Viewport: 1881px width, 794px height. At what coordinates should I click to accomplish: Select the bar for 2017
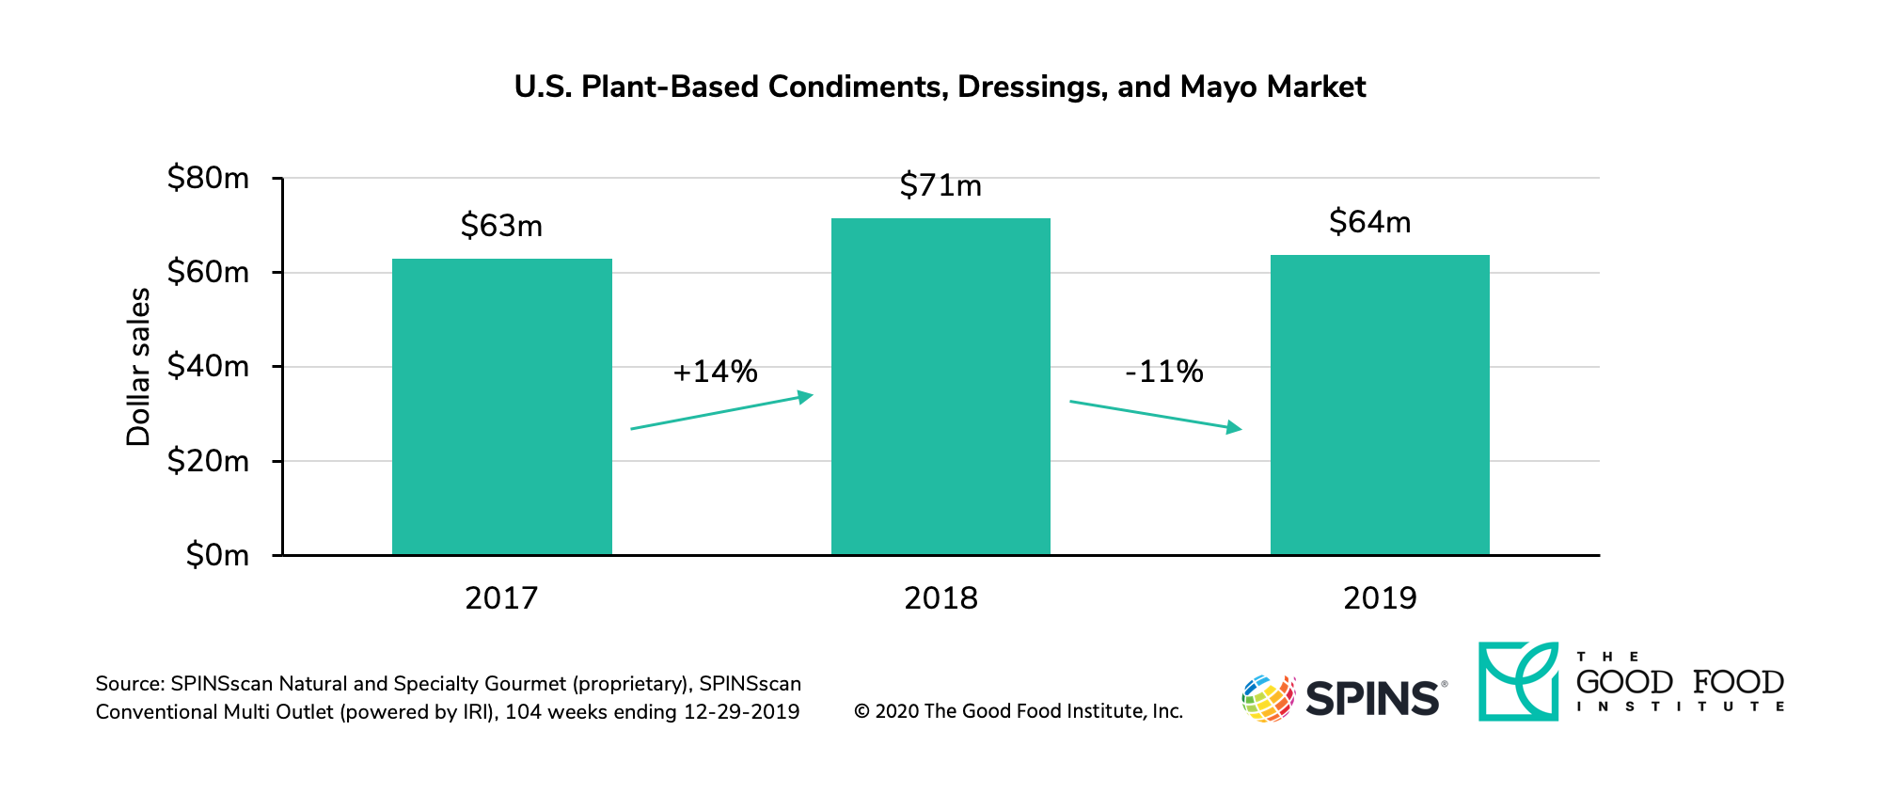point(501,406)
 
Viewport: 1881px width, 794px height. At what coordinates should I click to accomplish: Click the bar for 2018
point(940,387)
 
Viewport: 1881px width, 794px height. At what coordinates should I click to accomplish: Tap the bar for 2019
point(1380,405)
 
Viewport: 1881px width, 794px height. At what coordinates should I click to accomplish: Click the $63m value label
point(501,226)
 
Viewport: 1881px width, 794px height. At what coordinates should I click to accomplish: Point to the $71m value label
point(940,185)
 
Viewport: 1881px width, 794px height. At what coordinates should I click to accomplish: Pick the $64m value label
point(1369,222)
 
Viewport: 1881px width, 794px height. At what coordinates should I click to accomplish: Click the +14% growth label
point(715,372)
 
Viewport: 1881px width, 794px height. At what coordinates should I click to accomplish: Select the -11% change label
point(1164,372)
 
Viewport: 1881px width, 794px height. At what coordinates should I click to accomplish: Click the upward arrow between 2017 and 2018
point(721,412)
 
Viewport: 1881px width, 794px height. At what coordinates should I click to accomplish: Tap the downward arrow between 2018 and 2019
point(1156,416)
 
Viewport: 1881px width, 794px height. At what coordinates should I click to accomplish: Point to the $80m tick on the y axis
point(208,178)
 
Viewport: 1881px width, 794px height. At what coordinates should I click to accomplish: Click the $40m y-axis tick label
point(208,366)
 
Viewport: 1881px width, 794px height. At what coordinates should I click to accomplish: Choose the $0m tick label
point(217,555)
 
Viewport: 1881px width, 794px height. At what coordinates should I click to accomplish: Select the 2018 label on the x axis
point(940,598)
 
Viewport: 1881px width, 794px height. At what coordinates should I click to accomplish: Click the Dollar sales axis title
point(138,367)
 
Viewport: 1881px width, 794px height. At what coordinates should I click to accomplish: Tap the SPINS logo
point(1344,698)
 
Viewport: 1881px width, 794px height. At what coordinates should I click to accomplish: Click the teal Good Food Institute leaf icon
point(1518,681)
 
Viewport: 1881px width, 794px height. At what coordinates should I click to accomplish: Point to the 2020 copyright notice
point(1019,711)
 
